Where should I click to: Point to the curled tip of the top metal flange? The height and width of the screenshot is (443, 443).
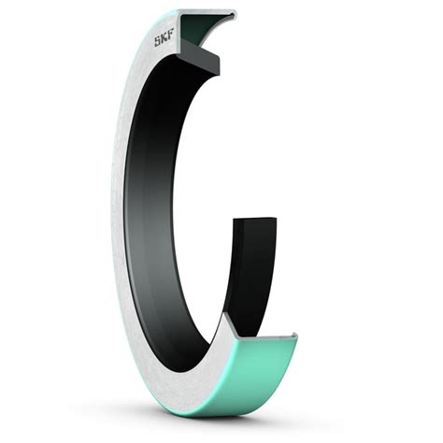[232, 14]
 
